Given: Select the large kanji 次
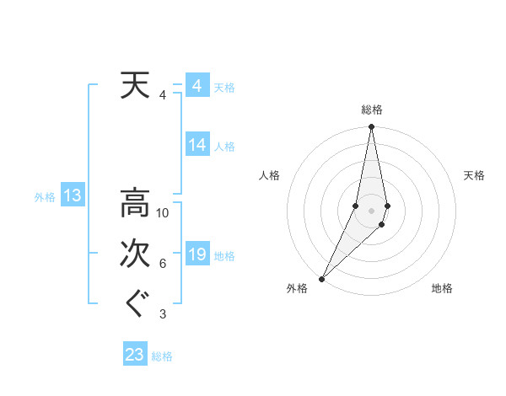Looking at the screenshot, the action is (x=133, y=254).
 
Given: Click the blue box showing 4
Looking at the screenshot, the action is (x=196, y=86).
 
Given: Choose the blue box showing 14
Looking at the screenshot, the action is (x=196, y=145).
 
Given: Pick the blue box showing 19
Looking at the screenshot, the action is (x=196, y=254).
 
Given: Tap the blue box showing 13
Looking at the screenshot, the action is (x=72, y=196).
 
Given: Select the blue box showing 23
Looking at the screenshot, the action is (x=134, y=354).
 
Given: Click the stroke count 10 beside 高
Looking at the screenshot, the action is (x=163, y=213).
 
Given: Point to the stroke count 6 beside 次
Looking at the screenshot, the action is (x=163, y=264).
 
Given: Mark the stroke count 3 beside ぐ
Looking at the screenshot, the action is (x=163, y=314).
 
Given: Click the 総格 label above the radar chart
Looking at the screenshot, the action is (x=371, y=110).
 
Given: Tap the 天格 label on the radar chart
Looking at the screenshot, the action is (x=474, y=175).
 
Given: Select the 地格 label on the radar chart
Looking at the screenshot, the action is (x=442, y=288).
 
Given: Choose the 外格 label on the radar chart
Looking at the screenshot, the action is (x=297, y=288).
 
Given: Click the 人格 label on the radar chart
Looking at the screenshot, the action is (x=270, y=175).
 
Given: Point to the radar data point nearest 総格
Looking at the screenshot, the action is (x=371, y=127).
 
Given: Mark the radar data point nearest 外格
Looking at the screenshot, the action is (x=321, y=278).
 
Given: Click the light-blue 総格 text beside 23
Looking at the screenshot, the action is (x=162, y=356).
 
